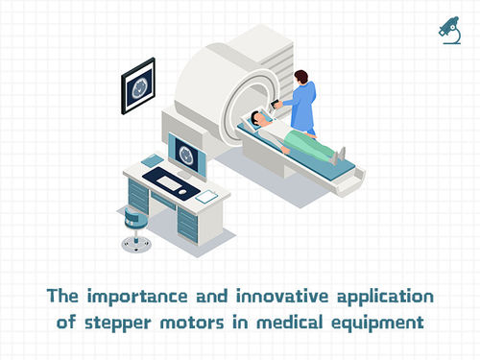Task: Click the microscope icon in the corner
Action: tap(446, 29)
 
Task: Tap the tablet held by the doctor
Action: tap(279, 103)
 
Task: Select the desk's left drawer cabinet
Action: tap(139, 198)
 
